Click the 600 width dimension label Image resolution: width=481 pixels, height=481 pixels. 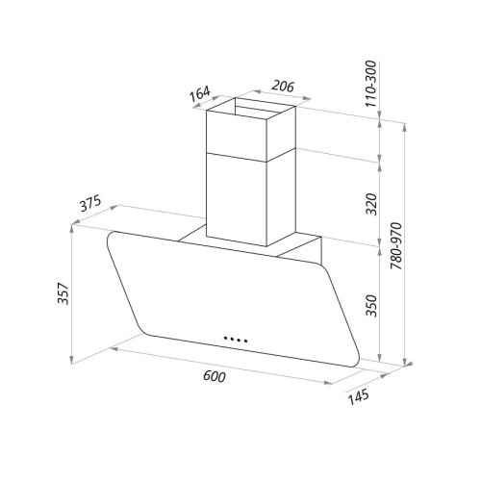click(215, 376)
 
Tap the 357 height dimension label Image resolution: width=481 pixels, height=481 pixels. click(63, 293)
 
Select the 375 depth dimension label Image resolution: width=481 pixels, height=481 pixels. click(90, 203)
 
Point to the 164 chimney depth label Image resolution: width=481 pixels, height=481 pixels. click(200, 93)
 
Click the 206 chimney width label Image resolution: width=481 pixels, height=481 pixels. click(283, 86)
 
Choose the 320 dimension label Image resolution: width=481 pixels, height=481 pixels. click(372, 204)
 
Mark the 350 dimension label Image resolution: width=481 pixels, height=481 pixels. click(372, 306)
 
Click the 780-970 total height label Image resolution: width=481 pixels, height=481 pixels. click(396, 245)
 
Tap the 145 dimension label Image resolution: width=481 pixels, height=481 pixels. click(359, 397)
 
